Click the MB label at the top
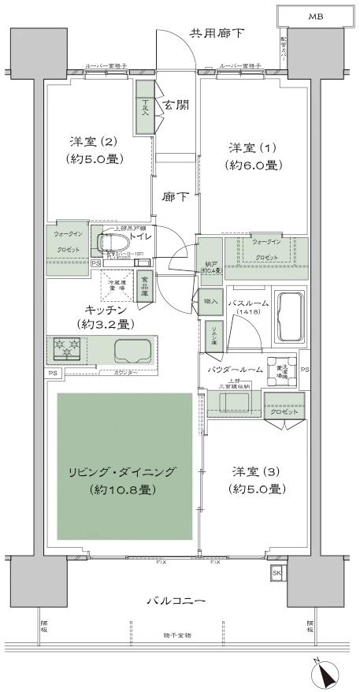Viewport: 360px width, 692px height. coord(315,16)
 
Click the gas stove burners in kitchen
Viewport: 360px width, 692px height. coord(67,347)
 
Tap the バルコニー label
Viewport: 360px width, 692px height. coord(176,602)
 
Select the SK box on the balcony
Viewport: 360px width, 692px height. coord(276,573)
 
